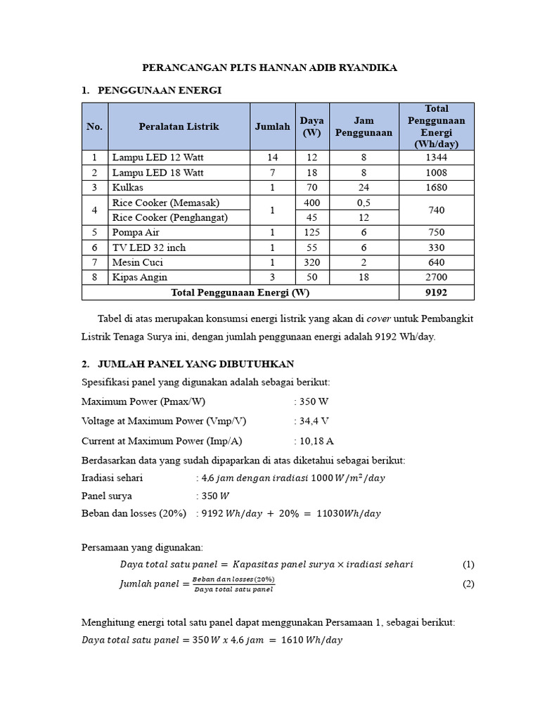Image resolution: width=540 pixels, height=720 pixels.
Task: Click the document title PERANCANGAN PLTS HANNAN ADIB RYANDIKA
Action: pyautogui.click(x=270, y=67)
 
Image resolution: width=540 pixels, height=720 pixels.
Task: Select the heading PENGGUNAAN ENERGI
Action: pyautogui.click(x=160, y=90)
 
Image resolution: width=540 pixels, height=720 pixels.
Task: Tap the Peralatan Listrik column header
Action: pyautogui.click(x=179, y=127)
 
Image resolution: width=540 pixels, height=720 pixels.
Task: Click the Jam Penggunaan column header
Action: pyautogui.click(x=364, y=127)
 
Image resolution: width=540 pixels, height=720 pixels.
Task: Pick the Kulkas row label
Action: pyautogui.click(x=127, y=188)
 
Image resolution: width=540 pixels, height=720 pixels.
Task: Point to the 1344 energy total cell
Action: pyautogui.click(x=436, y=157)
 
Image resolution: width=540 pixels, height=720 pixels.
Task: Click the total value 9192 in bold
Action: pyautogui.click(x=436, y=292)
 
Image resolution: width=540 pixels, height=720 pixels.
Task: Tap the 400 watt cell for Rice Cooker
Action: pyautogui.click(x=311, y=202)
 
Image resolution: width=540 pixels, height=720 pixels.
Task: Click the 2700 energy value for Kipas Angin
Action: pyautogui.click(x=436, y=277)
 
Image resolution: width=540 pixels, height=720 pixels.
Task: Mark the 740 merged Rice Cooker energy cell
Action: pyautogui.click(x=436, y=210)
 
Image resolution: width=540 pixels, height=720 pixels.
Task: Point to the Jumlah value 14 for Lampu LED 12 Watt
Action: pyautogui.click(x=272, y=157)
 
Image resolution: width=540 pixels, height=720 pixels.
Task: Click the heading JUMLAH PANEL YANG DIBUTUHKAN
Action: pyautogui.click(x=195, y=364)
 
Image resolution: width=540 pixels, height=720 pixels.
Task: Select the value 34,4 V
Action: pyautogui.click(x=314, y=421)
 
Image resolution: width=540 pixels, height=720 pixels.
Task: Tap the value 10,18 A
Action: pyautogui.click(x=316, y=441)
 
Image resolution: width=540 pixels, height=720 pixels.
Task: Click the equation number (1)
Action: pyautogui.click(x=468, y=564)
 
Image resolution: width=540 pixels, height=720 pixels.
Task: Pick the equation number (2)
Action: pyautogui.click(x=468, y=584)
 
